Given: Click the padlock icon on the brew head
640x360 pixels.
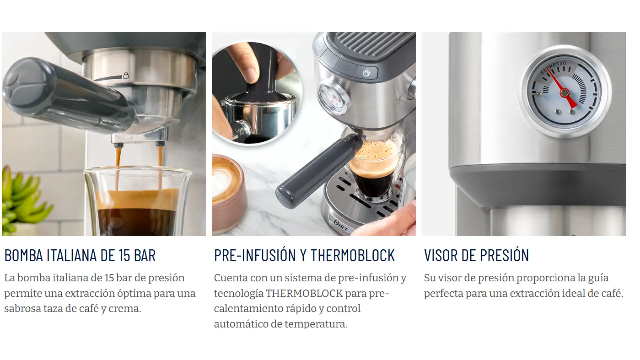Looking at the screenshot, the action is pyautogui.click(x=126, y=75).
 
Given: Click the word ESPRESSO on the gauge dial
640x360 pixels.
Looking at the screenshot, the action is pyautogui.click(x=553, y=67).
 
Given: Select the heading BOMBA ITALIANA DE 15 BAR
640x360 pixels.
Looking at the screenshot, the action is pyautogui.click(x=80, y=255).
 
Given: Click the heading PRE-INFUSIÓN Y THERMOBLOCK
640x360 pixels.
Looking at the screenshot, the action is pyautogui.click(x=304, y=255).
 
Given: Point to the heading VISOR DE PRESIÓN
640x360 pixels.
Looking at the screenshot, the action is pyautogui.click(x=476, y=255).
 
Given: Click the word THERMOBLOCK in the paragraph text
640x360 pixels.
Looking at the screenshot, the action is pyautogui.click(x=304, y=293).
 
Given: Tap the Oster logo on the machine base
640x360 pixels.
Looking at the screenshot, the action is pyautogui.click(x=341, y=226).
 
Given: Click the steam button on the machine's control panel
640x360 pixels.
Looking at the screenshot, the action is pyautogui.click(x=366, y=73).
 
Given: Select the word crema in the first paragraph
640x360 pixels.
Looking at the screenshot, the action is pyautogui.click(x=124, y=309).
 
